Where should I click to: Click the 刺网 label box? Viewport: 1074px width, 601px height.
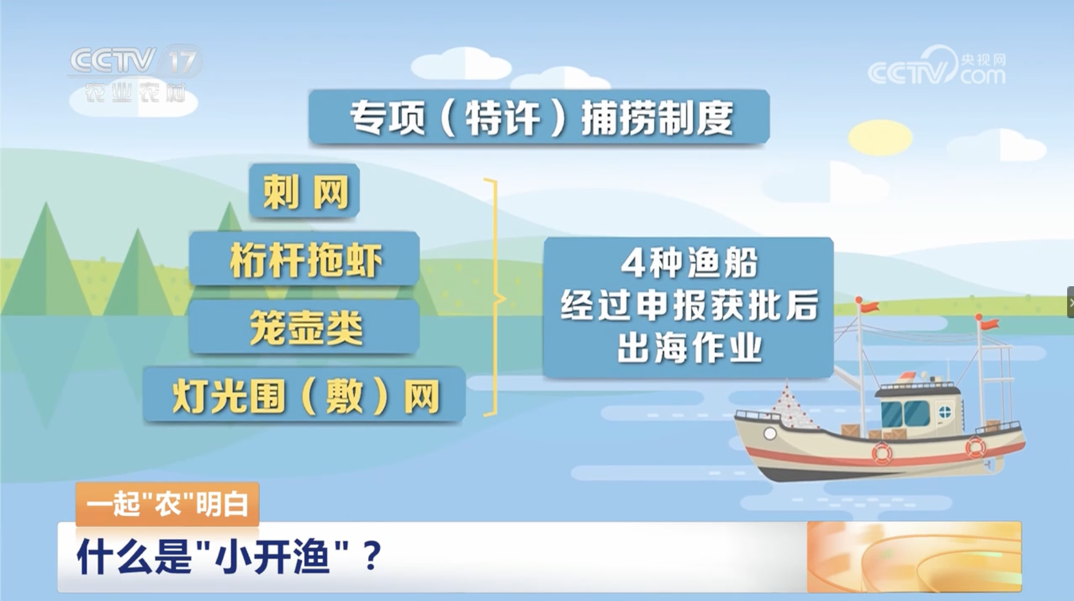(x=304, y=191)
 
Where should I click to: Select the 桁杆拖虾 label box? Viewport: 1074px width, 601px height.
(x=304, y=259)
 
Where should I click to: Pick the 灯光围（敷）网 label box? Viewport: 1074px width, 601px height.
(x=304, y=395)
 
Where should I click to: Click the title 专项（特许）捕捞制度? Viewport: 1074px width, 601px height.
(x=539, y=117)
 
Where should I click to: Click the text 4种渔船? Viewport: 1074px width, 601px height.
(x=689, y=263)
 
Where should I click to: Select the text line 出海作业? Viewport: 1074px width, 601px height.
(x=689, y=347)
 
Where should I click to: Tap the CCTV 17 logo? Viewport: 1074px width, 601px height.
(x=135, y=75)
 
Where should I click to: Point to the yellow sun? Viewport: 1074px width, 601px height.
(x=880, y=137)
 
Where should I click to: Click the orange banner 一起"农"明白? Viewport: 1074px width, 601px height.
(x=167, y=504)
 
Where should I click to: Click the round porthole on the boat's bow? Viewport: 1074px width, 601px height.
(x=770, y=434)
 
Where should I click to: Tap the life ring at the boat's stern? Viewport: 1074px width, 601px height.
(x=975, y=446)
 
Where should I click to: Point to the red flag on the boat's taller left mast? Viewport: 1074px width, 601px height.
(x=868, y=306)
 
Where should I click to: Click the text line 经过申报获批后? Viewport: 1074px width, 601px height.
(x=689, y=305)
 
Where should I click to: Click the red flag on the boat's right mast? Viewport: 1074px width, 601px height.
(x=989, y=324)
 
